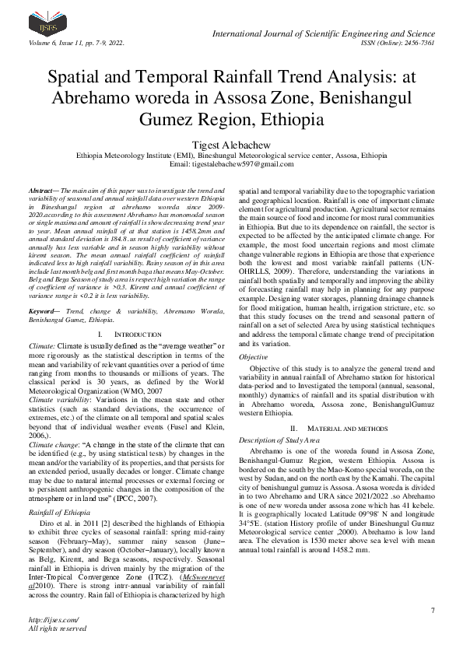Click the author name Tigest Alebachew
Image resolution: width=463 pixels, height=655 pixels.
click(x=231, y=145)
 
